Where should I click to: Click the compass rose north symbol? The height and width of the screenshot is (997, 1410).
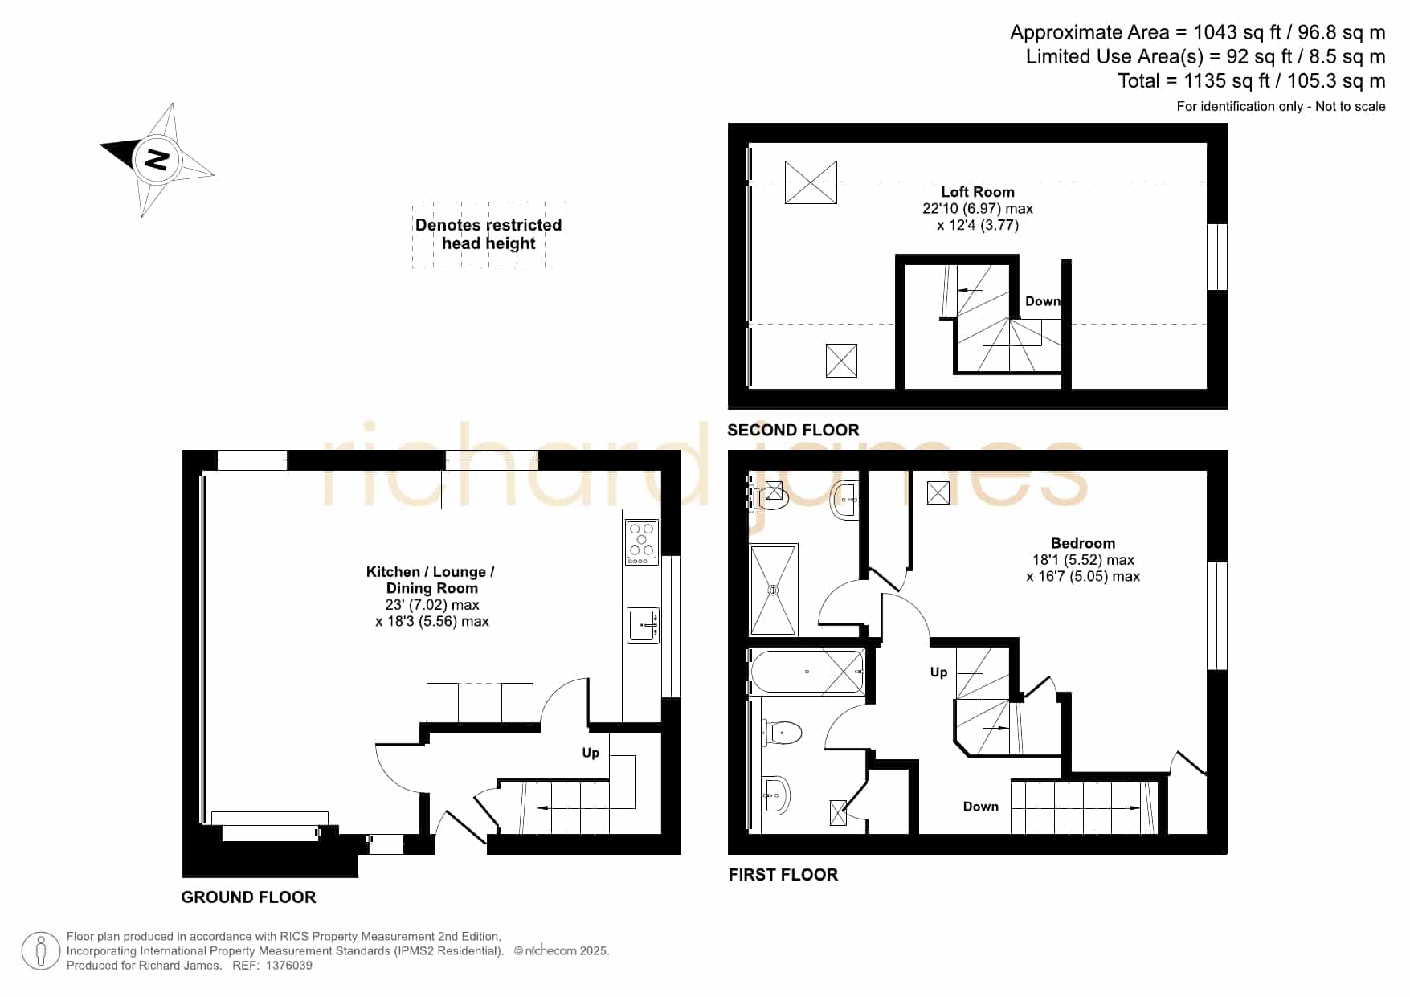pyautogui.click(x=157, y=159)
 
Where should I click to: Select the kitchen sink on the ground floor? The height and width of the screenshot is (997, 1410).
pyautogui.click(x=643, y=624)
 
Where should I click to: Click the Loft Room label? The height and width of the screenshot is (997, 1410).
pyautogui.click(x=978, y=192)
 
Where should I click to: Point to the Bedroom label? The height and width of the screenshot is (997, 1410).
pyautogui.click(x=1083, y=543)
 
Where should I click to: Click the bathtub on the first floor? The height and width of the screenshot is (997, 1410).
pyautogui.click(x=807, y=672)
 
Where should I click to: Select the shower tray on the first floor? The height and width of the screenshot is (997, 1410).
pyautogui.click(x=774, y=590)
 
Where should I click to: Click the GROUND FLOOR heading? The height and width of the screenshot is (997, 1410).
pyautogui.click(x=248, y=897)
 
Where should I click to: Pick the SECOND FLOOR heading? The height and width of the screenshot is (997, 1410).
pyautogui.click(x=793, y=430)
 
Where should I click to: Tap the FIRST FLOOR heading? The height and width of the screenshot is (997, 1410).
pyautogui.click(x=783, y=875)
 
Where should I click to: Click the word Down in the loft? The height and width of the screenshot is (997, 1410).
pyautogui.click(x=1043, y=301)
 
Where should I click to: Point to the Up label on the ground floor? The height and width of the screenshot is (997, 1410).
pyautogui.click(x=591, y=753)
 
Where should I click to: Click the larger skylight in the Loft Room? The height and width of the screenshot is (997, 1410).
pyautogui.click(x=811, y=182)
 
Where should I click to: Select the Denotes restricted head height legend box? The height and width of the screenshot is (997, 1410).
pyautogui.click(x=488, y=235)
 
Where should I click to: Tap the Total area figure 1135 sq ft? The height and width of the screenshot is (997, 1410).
pyautogui.click(x=1223, y=81)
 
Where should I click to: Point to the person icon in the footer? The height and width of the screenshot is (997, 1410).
pyautogui.click(x=40, y=951)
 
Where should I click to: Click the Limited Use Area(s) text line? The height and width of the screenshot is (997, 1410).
pyautogui.click(x=1205, y=57)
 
